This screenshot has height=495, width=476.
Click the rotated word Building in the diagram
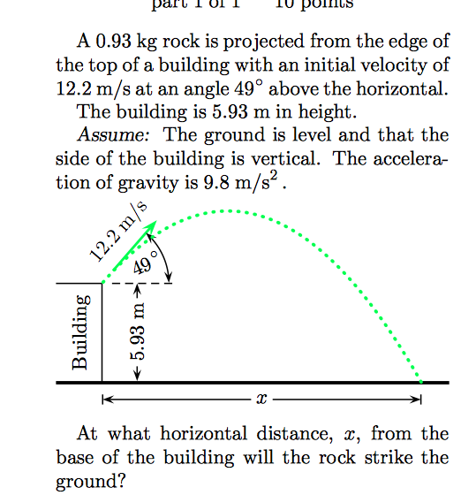tap(80, 331)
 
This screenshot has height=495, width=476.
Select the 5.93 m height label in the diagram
tap(139, 331)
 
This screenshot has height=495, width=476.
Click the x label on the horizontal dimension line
tap(261, 400)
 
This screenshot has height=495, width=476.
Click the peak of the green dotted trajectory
tap(228, 211)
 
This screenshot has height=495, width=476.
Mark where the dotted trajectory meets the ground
tap(421, 381)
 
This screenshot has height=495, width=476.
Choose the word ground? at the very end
tap(85, 483)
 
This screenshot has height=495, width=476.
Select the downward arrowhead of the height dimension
tap(137, 375)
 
